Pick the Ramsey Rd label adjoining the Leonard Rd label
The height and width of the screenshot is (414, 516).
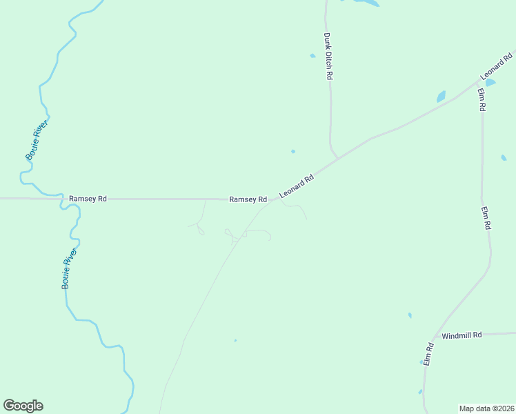tap(248, 199)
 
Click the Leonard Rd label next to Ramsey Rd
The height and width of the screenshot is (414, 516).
tap(297, 187)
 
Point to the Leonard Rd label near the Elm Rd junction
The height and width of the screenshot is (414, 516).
tap(497, 66)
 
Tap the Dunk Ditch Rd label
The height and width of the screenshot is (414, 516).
tap(328, 57)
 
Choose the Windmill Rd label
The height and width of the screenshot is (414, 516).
tap(462, 335)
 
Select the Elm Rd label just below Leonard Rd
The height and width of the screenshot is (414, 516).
tap(482, 101)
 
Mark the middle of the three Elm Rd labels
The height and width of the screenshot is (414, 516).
tap(486, 218)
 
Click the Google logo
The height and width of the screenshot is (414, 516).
tap(23, 406)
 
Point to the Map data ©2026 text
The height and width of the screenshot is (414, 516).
tap(487, 408)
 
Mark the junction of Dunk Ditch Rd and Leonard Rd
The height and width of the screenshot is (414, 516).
tap(337, 159)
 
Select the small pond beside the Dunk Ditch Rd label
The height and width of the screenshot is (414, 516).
tap(312, 56)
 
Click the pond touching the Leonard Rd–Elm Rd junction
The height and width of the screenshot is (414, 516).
tap(490, 82)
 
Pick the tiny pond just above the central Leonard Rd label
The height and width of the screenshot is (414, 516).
tap(293, 151)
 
